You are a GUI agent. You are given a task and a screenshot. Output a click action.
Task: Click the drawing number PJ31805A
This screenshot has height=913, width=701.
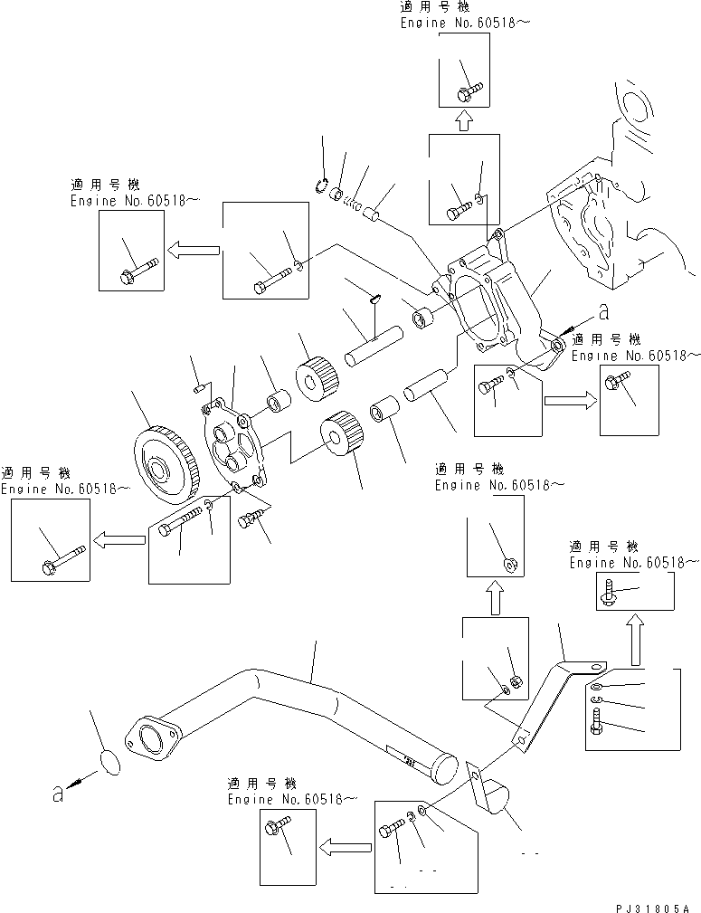(x=649, y=906)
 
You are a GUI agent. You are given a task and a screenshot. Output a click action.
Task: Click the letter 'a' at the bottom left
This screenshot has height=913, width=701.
(x=57, y=794)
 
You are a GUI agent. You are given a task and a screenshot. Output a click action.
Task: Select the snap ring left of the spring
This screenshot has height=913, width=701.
(x=319, y=184)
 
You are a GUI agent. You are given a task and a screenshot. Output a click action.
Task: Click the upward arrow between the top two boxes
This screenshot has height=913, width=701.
(x=463, y=120)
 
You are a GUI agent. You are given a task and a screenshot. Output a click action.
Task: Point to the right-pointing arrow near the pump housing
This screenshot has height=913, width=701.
(x=569, y=395)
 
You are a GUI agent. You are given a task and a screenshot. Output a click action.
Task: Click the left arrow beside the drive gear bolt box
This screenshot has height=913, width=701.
(x=120, y=541)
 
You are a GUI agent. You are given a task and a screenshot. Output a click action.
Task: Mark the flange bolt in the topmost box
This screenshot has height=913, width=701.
(x=469, y=90)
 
